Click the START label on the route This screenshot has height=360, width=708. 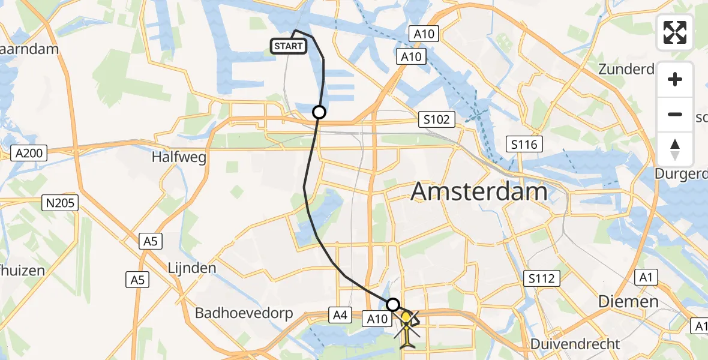pos(289,46)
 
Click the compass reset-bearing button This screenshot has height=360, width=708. pos(675,149)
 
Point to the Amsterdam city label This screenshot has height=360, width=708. pos(479,193)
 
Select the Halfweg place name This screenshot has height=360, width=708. pos(180,158)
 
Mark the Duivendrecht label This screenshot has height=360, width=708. pos(575,344)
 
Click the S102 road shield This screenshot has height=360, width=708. pos(436,119)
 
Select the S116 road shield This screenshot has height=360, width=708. pos(524,144)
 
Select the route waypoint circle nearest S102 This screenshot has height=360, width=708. pos(319,112)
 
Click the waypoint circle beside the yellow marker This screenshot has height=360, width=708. pos(393,304)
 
